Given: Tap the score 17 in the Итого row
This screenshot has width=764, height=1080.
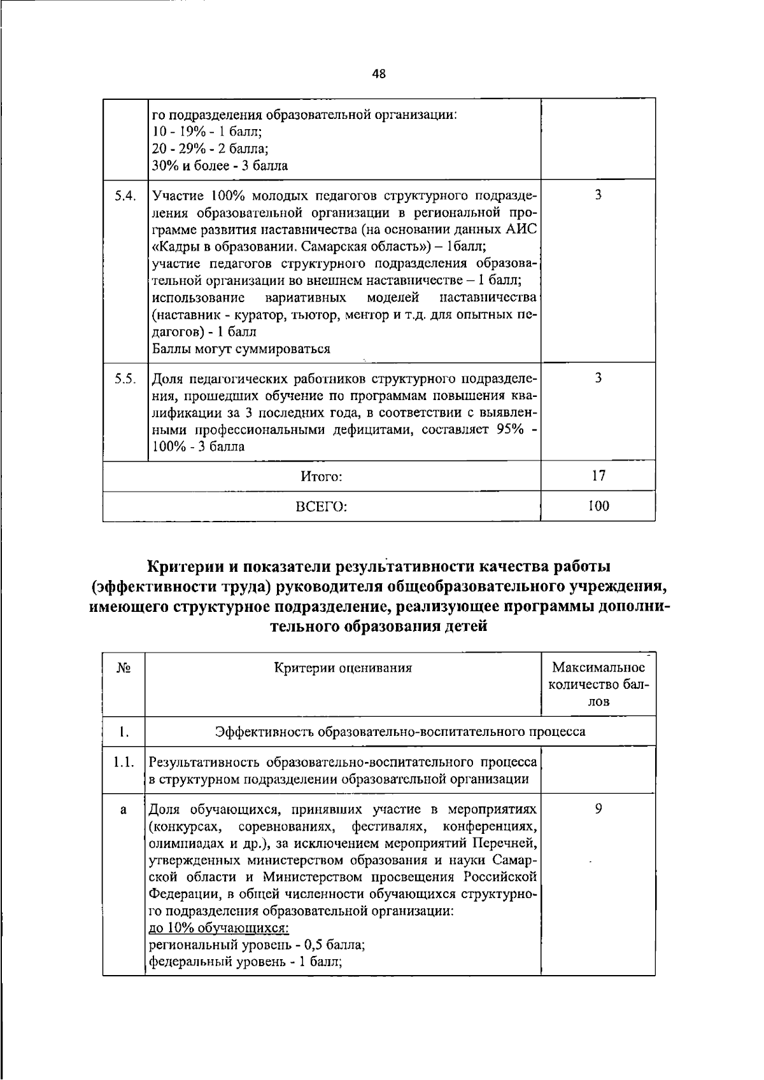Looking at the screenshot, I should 598,475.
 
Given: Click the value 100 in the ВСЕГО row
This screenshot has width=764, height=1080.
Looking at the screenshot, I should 598,506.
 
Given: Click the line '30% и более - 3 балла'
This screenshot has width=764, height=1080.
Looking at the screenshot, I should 220,166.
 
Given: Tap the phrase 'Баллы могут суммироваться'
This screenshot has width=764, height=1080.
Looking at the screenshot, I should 241,349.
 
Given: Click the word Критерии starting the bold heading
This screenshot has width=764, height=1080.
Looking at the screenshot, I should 186,565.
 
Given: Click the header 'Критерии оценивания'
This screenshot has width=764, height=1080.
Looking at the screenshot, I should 343,668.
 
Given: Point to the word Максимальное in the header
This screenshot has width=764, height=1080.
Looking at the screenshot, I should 598,668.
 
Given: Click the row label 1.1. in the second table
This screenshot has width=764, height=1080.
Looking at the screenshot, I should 124,762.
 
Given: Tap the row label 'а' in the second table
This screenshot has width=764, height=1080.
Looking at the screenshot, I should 124,810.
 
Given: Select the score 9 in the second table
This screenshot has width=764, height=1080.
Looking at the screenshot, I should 598,810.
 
